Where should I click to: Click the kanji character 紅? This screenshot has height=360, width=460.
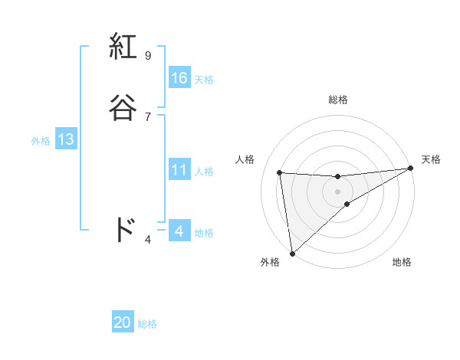coord(124,47)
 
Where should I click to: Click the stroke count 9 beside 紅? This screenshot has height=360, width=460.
coord(147,55)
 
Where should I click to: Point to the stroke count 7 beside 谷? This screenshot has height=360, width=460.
coord(147,116)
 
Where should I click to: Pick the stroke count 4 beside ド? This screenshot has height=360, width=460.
coord(147,240)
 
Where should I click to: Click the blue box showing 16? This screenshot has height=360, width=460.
coord(179,78)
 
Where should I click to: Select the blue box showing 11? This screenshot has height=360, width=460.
coord(179,170)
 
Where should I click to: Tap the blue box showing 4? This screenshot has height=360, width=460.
coord(179,231)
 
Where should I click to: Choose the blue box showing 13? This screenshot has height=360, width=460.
coord(66,139)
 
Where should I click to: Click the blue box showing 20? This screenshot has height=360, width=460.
coord(123,322)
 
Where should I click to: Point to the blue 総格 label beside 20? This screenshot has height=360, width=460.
coord(147,324)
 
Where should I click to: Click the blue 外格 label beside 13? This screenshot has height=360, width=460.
coord(41,141)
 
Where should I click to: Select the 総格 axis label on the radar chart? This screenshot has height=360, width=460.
coord(338,100)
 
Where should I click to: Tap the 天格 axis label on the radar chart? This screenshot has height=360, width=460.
coord(431,159)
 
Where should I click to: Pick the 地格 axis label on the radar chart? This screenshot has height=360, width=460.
coord(402,262)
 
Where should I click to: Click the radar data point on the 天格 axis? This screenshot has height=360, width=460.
coord(410,169)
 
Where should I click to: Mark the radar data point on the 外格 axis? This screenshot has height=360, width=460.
coord(292,253)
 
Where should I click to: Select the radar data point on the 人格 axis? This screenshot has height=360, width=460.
coord(280,172)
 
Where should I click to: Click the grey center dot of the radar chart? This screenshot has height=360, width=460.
coord(337,191)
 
